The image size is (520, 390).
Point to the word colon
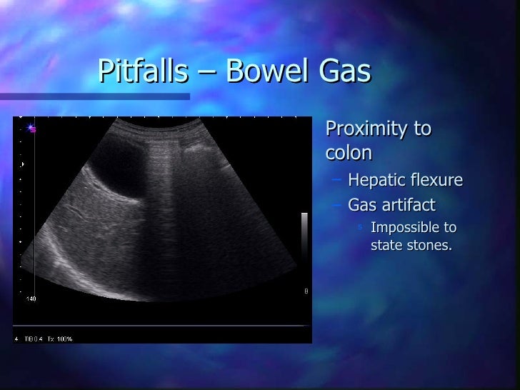[348, 154]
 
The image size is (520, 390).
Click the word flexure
[436, 180]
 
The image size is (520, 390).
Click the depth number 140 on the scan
[31, 299]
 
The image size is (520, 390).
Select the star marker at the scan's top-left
[31, 129]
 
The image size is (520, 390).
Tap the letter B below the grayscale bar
[306, 291]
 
